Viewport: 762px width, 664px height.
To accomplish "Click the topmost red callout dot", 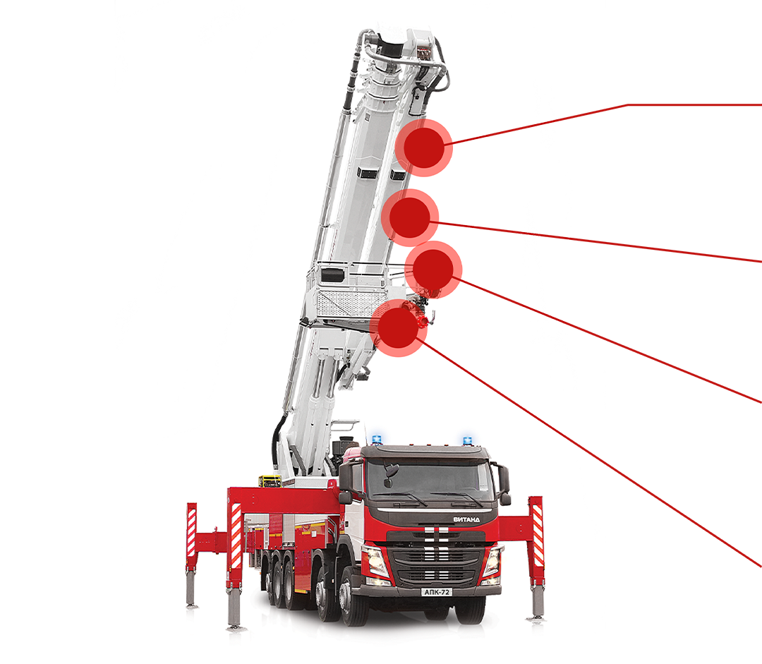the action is coord(424,147).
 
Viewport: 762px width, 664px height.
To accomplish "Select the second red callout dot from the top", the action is coord(410,218).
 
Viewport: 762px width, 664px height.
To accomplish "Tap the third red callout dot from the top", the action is coord(433,270).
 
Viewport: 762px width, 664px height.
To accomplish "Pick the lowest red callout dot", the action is coord(398,327).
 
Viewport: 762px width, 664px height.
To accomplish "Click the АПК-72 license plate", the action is coord(437,592).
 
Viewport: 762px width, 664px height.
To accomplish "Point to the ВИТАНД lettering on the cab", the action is coord(466,519).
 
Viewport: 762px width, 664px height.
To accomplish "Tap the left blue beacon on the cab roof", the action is coord(377,440).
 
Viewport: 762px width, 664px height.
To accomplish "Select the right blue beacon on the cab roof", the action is coord(467,440).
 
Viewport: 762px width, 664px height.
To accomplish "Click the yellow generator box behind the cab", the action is coord(270,481).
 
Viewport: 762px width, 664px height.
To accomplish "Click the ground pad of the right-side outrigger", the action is coord(536,618).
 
